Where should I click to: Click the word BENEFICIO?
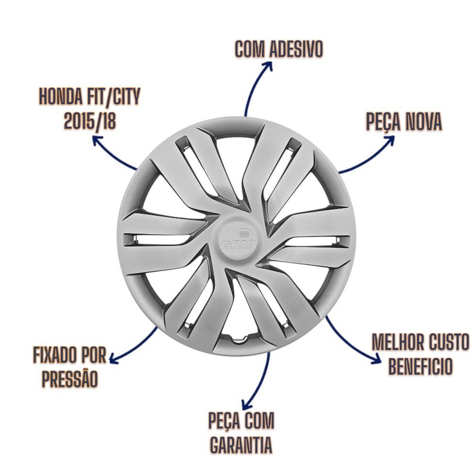[420, 367]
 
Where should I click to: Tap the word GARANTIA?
[241, 445]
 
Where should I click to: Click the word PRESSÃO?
[70, 379]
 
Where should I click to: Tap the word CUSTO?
[447, 343]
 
